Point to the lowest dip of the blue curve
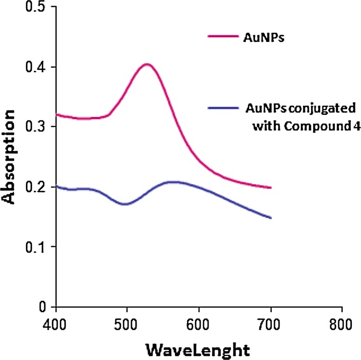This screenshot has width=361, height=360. [x=125, y=204]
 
